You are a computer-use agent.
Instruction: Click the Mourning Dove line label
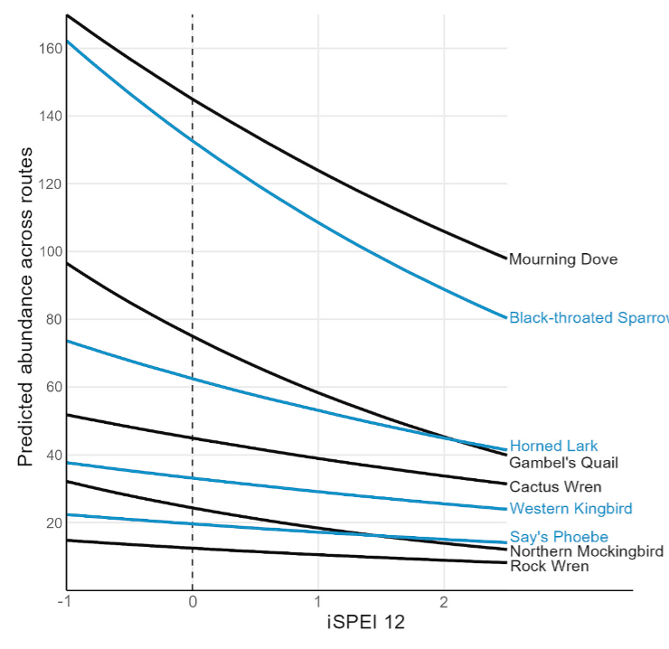pos(563,259)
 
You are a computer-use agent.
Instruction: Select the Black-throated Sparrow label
pos(588,317)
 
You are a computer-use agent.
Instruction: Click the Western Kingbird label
pos(570,509)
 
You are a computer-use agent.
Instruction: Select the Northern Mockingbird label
pos(587,551)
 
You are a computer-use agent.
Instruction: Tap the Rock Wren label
pos(550,567)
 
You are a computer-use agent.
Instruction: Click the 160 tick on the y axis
pos(49,48)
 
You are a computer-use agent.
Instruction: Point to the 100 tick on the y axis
pos(49,251)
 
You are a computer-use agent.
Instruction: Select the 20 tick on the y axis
pos(52,523)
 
